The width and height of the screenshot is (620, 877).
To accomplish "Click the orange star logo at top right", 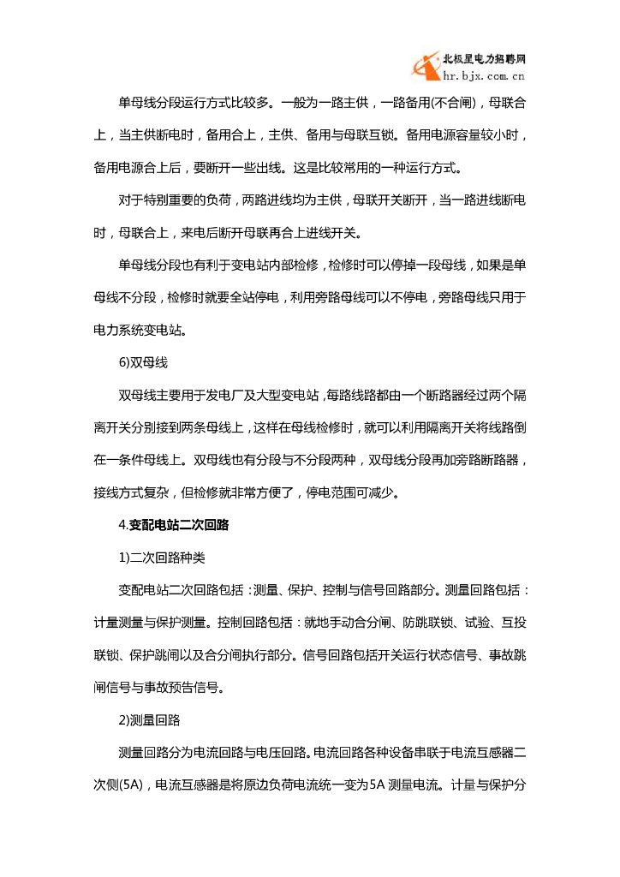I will point(426,66).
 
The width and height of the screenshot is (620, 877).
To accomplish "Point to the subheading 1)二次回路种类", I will point(163,557).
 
